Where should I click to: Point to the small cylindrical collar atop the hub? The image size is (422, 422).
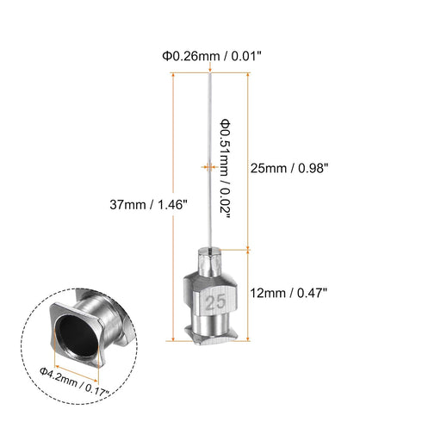pyautogui.click(x=212, y=257)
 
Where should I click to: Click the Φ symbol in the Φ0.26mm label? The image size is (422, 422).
pyautogui.click(x=164, y=56)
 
